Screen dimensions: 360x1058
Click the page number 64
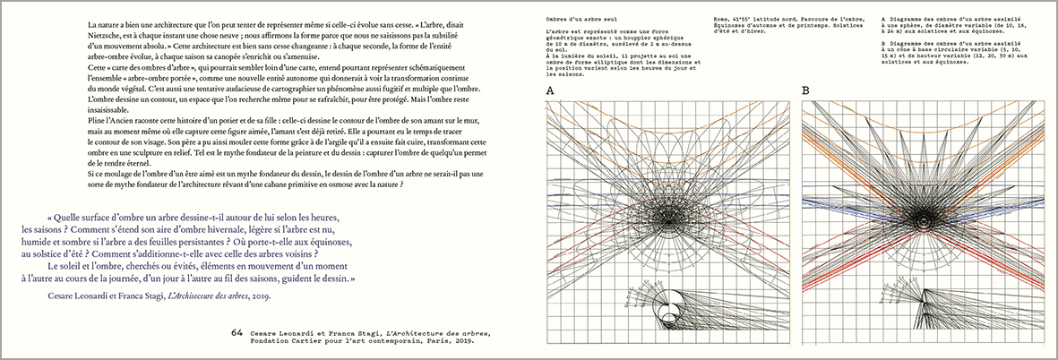coord(237,332)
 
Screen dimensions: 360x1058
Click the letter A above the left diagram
coord(549,90)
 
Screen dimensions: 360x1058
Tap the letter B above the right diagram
coord(805,90)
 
